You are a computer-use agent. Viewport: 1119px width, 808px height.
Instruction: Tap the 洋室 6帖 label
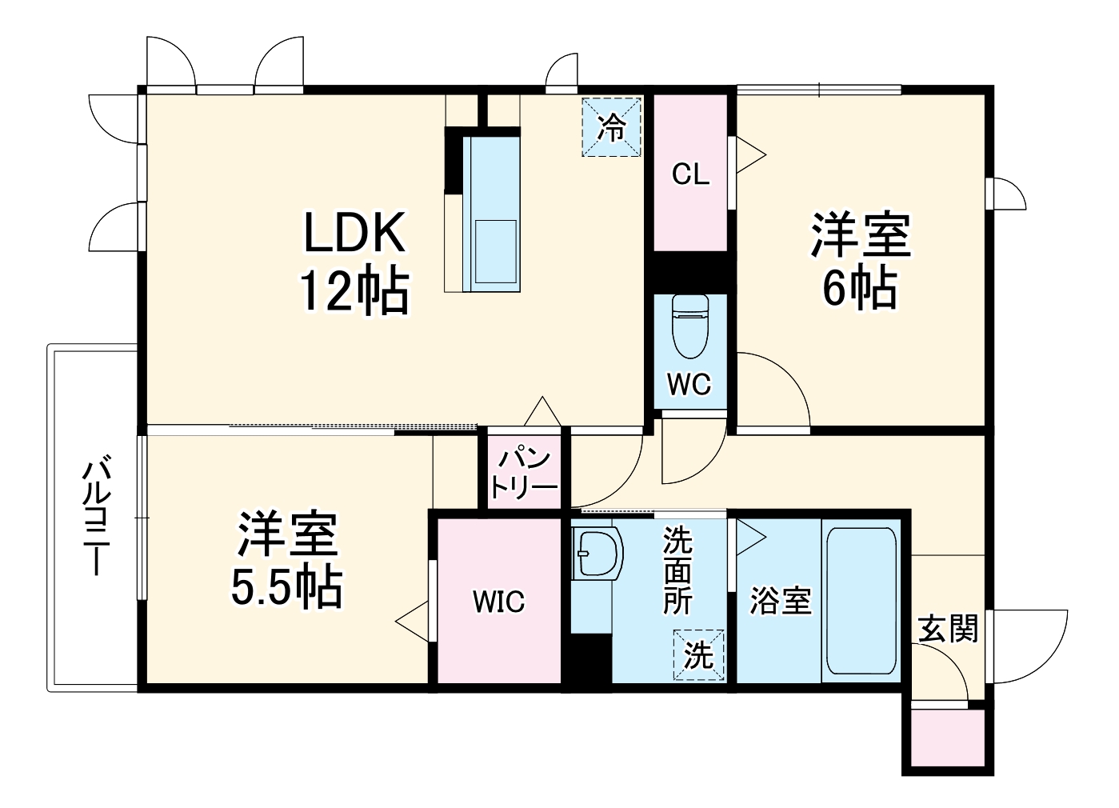pos(861,262)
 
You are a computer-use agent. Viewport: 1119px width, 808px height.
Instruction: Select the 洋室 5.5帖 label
pos(287,561)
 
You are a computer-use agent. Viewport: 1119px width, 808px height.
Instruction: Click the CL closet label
pos(690,174)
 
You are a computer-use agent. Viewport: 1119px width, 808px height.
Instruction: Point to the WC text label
pos(689,385)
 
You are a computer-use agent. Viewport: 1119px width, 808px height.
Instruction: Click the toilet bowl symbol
pos(690,326)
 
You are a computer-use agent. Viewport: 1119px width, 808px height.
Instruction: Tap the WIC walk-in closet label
pos(498,600)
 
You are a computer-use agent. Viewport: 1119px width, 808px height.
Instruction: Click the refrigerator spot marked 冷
pos(612,127)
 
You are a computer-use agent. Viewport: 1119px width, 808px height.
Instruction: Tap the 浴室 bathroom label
pos(780,600)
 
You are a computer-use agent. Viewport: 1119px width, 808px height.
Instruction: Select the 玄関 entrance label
pos(948,629)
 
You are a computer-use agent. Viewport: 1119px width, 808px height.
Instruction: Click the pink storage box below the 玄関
pos(948,738)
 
